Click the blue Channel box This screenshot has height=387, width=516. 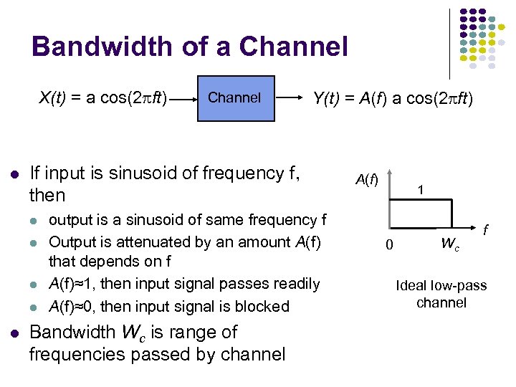234,97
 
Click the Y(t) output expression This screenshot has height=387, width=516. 393,97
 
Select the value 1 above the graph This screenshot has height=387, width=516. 422,190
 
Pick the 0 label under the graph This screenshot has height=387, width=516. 389,245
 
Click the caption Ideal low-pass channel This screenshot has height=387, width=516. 441,294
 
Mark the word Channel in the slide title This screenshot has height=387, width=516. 294,47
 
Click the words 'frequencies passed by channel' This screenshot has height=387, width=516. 157,354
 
